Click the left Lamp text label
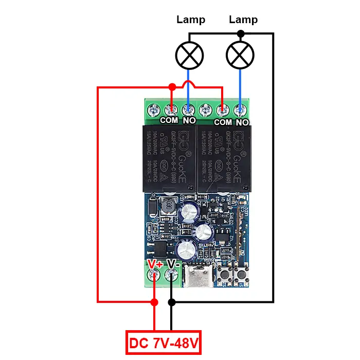[191, 20]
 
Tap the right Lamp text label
[243, 20]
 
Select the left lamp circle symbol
[190, 54]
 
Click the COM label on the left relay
[169, 120]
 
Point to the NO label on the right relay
[242, 122]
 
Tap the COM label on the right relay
[223, 122]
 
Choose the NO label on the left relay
[189, 120]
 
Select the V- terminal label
[173, 264]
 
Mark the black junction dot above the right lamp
[240, 33]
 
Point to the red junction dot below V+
[154, 302]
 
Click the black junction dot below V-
[172, 302]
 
